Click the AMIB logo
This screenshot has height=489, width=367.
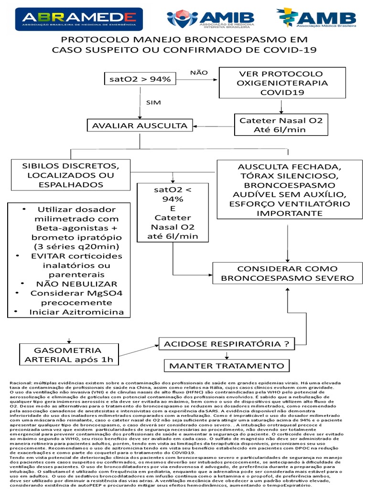[x=210, y=19]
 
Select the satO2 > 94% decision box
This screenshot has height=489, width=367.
[x=140, y=79]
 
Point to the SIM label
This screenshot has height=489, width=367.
[x=153, y=102]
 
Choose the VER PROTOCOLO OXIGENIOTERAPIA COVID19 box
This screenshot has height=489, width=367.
[x=282, y=84]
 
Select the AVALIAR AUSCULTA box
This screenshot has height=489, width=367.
[x=140, y=126]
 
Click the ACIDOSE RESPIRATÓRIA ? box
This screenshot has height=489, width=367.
[x=227, y=344]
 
